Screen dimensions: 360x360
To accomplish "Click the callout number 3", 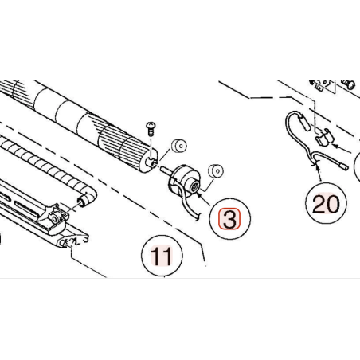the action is tap(229, 219).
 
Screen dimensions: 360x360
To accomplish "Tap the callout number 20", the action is tap(326, 204).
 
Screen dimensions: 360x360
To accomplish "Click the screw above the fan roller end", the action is tap(151, 129).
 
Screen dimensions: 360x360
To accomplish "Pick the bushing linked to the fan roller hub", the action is tap(179, 146).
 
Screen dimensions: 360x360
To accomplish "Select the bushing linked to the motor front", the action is tap(216, 171).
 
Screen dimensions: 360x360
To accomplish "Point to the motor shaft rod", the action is tap(166, 170).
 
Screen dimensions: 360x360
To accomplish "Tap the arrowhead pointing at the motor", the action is tap(200, 197).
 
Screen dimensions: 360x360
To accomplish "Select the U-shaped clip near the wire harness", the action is tap(323, 137).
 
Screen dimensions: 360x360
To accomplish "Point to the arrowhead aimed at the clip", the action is tap(335, 146).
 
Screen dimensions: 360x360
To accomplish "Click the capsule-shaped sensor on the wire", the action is tap(303, 121).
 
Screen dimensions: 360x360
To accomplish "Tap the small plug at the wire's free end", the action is tap(344, 166).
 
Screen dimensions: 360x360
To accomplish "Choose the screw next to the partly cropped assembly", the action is tap(349, 84).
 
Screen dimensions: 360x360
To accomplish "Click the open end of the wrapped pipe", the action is tap(84, 201).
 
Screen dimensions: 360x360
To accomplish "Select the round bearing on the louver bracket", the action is tap(55, 219).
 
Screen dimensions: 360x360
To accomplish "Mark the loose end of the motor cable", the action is tap(197, 217).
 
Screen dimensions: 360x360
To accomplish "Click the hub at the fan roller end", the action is tap(151, 162).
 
